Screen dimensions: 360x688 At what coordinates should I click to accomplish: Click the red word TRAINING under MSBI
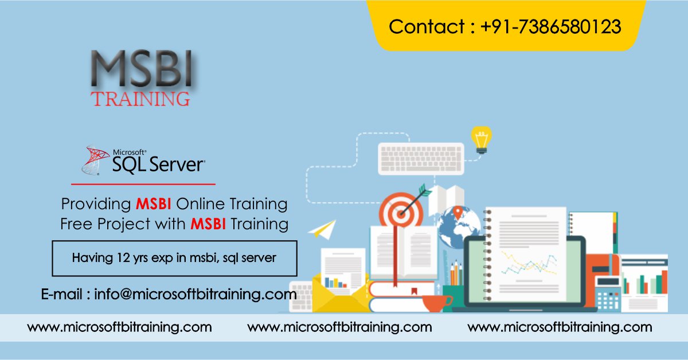pyautogui.click(x=141, y=98)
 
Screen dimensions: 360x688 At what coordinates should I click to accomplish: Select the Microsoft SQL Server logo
pyautogui.click(x=143, y=160)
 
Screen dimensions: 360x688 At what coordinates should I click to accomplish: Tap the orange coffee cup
pyautogui.click(x=436, y=302)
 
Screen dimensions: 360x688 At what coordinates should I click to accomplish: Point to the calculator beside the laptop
pyautogui.click(x=608, y=292)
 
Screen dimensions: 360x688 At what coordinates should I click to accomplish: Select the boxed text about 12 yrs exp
pyautogui.click(x=174, y=259)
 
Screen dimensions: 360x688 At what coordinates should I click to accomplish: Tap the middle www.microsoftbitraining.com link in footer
pyautogui.click(x=339, y=327)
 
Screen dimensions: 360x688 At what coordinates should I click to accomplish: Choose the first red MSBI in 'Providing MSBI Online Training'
pyautogui.click(x=154, y=204)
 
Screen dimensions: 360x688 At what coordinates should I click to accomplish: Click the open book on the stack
pyautogui.click(x=396, y=252)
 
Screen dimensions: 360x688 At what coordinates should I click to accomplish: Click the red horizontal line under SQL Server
pyautogui.click(x=143, y=185)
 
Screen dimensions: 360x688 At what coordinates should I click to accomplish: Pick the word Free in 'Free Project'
pyautogui.click(x=77, y=224)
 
